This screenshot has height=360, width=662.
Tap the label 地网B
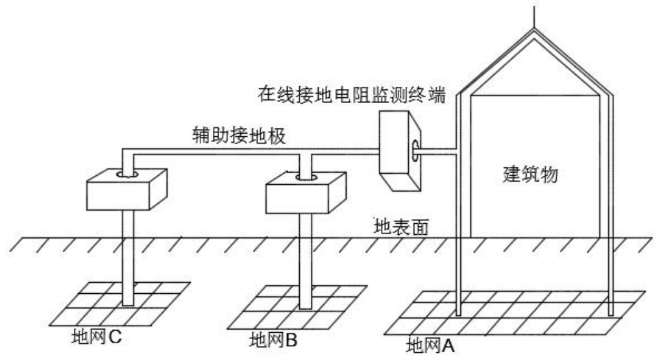point(273,339)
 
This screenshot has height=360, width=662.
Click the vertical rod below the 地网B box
point(306,259)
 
